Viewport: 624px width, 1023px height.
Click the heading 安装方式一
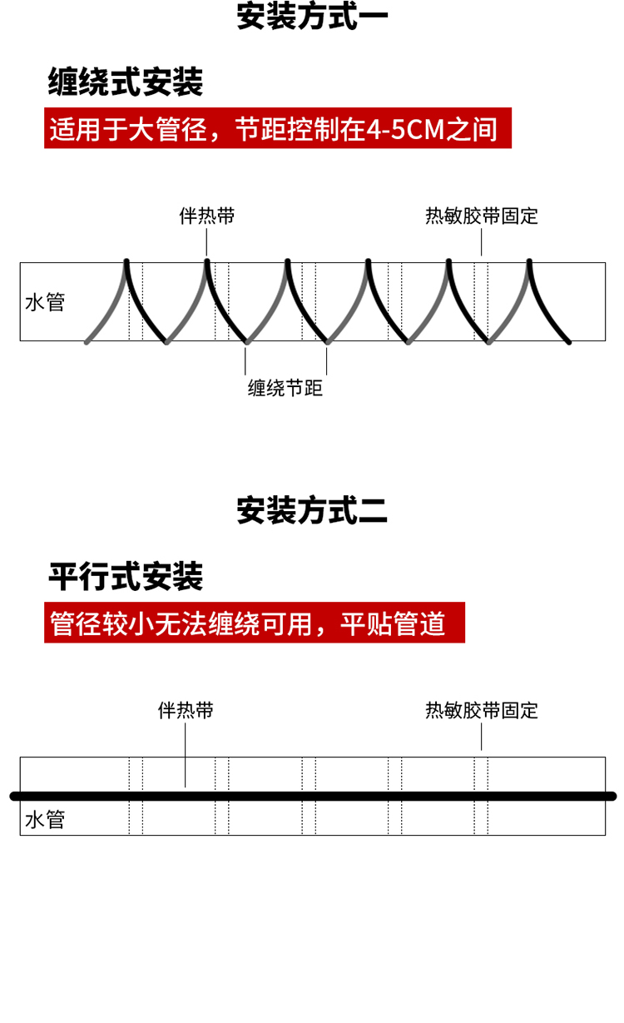pyautogui.click(x=312, y=17)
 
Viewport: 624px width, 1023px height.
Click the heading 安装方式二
pyautogui.click(x=312, y=510)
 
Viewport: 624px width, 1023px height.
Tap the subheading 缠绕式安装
pyautogui.click(x=126, y=82)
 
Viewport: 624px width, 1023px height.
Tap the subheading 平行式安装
pyautogui.click(x=126, y=576)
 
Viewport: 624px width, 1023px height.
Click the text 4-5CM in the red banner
pyautogui.click(x=406, y=129)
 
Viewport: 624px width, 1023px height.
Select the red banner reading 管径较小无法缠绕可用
pyautogui.click(x=255, y=623)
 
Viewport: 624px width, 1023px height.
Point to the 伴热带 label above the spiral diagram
pyautogui.click(x=207, y=216)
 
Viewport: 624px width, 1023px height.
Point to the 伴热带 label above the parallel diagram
pyautogui.click(x=186, y=711)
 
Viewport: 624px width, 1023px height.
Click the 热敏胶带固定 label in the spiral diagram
pyautogui.click(x=482, y=216)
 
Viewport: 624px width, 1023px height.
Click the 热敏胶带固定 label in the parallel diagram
pyautogui.click(x=482, y=711)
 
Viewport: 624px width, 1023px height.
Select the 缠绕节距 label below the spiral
pyautogui.click(x=285, y=388)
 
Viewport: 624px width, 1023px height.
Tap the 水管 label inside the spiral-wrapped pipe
pyautogui.click(x=45, y=302)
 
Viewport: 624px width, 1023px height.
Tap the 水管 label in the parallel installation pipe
pyautogui.click(x=45, y=820)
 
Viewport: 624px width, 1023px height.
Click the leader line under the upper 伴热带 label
pyautogui.click(x=206, y=242)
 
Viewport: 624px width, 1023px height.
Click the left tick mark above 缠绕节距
pyautogui.click(x=245, y=361)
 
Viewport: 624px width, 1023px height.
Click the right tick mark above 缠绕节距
pyautogui.click(x=326, y=361)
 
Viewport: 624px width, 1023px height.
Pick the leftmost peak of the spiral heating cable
pyautogui.click(x=126, y=261)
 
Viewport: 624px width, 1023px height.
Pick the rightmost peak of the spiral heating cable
pyautogui.click(x=529, y=261)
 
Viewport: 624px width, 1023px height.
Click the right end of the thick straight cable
pyautogui.click(x=613, y=797)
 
